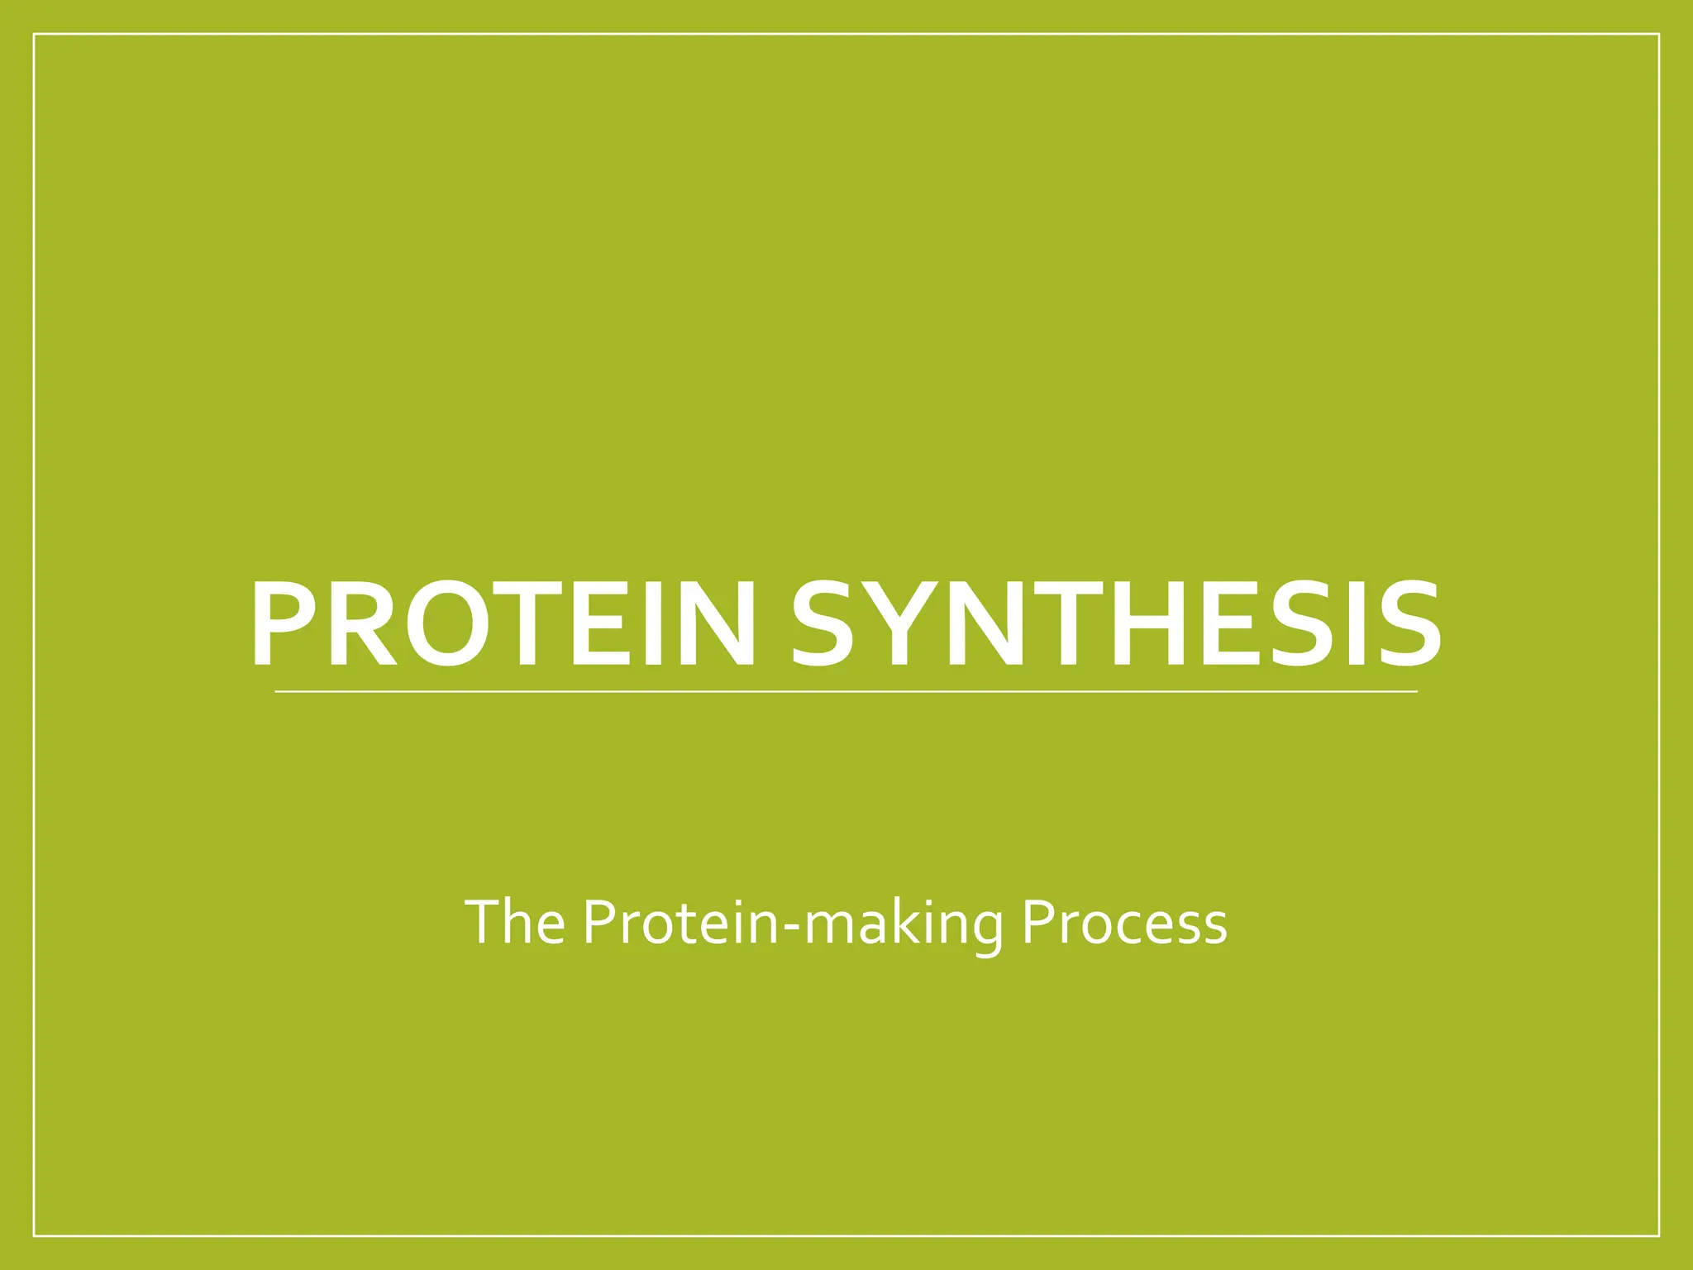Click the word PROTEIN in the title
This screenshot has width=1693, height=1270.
coord(503,623)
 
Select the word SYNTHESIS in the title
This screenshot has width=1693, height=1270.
coord(1116,623)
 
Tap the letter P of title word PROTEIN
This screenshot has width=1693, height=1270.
coord(283,623)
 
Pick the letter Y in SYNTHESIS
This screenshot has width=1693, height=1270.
coord(901,623)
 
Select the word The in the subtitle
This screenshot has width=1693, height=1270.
coord(515,923)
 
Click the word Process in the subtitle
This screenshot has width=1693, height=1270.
coord(1124,923)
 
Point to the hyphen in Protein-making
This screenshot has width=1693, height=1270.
coord(791,928)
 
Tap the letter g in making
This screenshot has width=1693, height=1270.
coord(983,929)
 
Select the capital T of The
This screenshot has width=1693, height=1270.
coord(483,921)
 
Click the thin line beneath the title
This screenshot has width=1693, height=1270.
coord(845,691)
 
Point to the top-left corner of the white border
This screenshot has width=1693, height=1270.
coord(34,34)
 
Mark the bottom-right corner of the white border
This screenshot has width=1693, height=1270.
coord(1659,1236)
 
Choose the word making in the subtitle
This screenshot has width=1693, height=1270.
coord(903,924)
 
